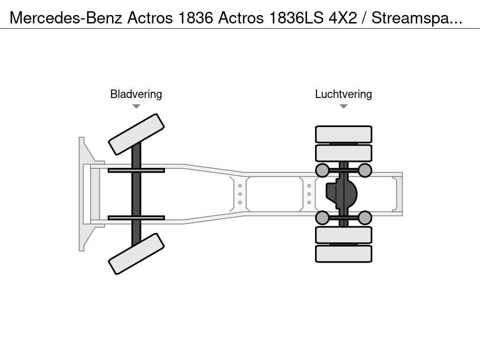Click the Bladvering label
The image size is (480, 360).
coord(136,94)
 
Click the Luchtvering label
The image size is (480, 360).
coord(343,94)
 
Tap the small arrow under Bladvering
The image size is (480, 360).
coord(136,106)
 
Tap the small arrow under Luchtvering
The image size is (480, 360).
coord(344,106)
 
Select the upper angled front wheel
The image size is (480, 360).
coord(136,134)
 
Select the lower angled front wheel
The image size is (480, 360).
coord(136,254)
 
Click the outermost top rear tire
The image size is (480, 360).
coord(344,134)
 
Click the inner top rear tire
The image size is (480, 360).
coord(344,153)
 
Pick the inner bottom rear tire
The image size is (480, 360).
coord(344,235)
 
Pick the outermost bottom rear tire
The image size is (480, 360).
coord(344,254)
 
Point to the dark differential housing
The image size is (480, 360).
coord(341,194)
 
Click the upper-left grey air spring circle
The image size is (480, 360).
coord(322,170)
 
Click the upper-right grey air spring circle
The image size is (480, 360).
coord(365,170)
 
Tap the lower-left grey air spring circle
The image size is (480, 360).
coord(322,217)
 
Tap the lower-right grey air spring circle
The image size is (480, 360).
coord(365,217)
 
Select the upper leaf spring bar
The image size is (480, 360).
coord(136,170)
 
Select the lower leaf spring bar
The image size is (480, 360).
coord(136,217)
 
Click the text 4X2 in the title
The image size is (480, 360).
coord(345,18)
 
